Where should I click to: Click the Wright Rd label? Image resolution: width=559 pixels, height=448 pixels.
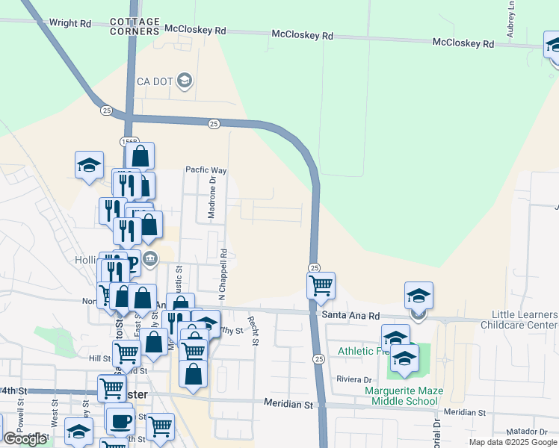(x=70, y=23)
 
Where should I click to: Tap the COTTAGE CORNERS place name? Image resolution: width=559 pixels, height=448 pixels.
(x=135, y=27)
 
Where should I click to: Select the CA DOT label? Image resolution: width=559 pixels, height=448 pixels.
(x=155, y=81)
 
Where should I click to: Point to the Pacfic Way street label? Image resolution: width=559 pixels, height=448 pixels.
(x=206, y=170)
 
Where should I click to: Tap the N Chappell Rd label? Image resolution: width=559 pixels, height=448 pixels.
(x=223, y=273)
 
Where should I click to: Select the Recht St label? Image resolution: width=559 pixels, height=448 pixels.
(x=254, y=331)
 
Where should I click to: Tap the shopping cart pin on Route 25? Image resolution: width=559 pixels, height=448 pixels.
(x=321, y=284)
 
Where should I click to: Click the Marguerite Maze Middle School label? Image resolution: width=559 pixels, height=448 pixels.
(x=404, y=396)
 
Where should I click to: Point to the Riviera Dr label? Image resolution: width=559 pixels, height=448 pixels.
(x=353, y=379)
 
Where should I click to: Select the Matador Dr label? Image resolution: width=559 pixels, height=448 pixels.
(x=531, y=432)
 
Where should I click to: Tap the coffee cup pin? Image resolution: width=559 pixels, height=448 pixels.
(x=120, y=420)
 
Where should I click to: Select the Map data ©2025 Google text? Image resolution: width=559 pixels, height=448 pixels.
(x=513, y=442)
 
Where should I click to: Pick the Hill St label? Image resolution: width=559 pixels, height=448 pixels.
(x=99, y=358)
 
